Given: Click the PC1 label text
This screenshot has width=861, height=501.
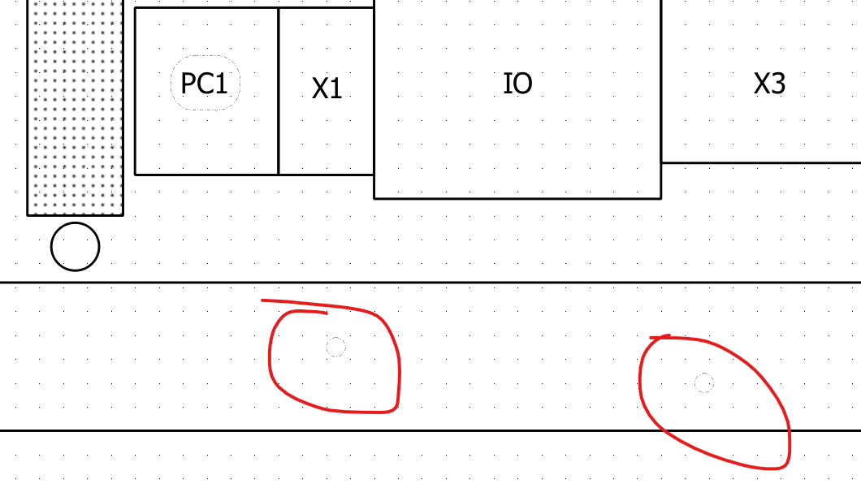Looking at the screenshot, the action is tap(204, 84).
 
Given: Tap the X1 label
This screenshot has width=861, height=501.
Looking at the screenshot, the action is tap(327, 88).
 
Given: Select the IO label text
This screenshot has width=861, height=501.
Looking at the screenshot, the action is tap(517, 84).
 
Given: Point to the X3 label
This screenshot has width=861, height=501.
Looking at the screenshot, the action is tap(769, 84).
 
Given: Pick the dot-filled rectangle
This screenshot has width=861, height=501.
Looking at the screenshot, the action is tap(76, 107).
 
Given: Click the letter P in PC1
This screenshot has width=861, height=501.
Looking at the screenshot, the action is tap(188, 84).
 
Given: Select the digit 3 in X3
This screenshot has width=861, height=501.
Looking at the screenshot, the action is tap(778, 84).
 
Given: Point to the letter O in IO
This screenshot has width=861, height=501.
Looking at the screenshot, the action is tap(521, 84).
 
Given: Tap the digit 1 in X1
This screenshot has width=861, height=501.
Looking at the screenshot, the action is tap(335, 88).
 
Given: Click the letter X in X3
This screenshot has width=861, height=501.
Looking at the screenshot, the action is tap(762, 84).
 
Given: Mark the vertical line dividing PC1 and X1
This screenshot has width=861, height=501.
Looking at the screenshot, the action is tap(279, 91).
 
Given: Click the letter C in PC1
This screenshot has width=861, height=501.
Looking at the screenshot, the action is tap(204, 84).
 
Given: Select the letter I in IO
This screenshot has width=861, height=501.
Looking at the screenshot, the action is tap(506, 84).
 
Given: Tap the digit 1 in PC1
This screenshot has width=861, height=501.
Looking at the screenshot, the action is tap(221, 84).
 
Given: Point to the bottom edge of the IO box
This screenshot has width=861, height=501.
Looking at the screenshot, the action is tap(517, 198).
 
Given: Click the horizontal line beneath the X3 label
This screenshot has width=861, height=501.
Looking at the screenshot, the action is tap(761, 163).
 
